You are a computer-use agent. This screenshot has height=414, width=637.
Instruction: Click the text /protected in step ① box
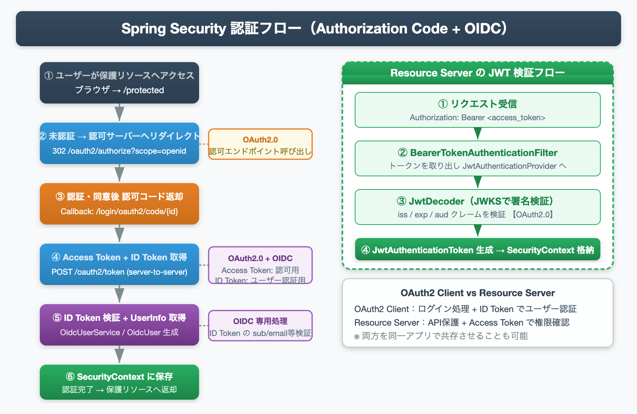(144, 90)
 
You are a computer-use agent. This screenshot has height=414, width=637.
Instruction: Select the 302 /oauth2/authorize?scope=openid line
(119, 151)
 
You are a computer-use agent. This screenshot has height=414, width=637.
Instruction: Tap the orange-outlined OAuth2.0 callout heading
(260, 140)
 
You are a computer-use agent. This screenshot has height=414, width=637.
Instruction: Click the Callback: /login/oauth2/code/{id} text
(119, 211)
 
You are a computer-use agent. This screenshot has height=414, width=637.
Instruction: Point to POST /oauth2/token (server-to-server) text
(119, 272)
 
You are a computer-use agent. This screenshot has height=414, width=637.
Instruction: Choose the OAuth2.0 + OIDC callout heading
(260, 258)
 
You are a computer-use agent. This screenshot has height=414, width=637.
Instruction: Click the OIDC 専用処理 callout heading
(260, 321)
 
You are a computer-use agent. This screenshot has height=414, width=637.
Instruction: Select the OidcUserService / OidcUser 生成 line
(119, 332)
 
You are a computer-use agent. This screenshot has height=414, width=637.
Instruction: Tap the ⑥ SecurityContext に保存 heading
(119, 377)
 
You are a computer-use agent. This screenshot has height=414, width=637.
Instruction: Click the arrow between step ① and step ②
(119, 113)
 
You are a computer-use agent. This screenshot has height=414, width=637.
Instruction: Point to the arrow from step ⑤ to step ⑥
(119, 355)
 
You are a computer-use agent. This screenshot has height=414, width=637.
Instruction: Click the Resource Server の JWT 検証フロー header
(477, 73)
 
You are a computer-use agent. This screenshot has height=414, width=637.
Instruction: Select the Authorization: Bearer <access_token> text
(477, 118)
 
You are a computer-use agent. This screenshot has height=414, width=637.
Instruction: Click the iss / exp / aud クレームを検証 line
(451, 215)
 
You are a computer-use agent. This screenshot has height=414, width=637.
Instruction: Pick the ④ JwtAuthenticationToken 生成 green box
(477, 250)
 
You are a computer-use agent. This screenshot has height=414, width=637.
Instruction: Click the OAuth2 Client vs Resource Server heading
(477, 293)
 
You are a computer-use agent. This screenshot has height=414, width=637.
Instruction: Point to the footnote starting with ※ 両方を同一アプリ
(441, 336)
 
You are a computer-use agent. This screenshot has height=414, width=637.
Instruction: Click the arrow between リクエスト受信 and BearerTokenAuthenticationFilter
(478, 133)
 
